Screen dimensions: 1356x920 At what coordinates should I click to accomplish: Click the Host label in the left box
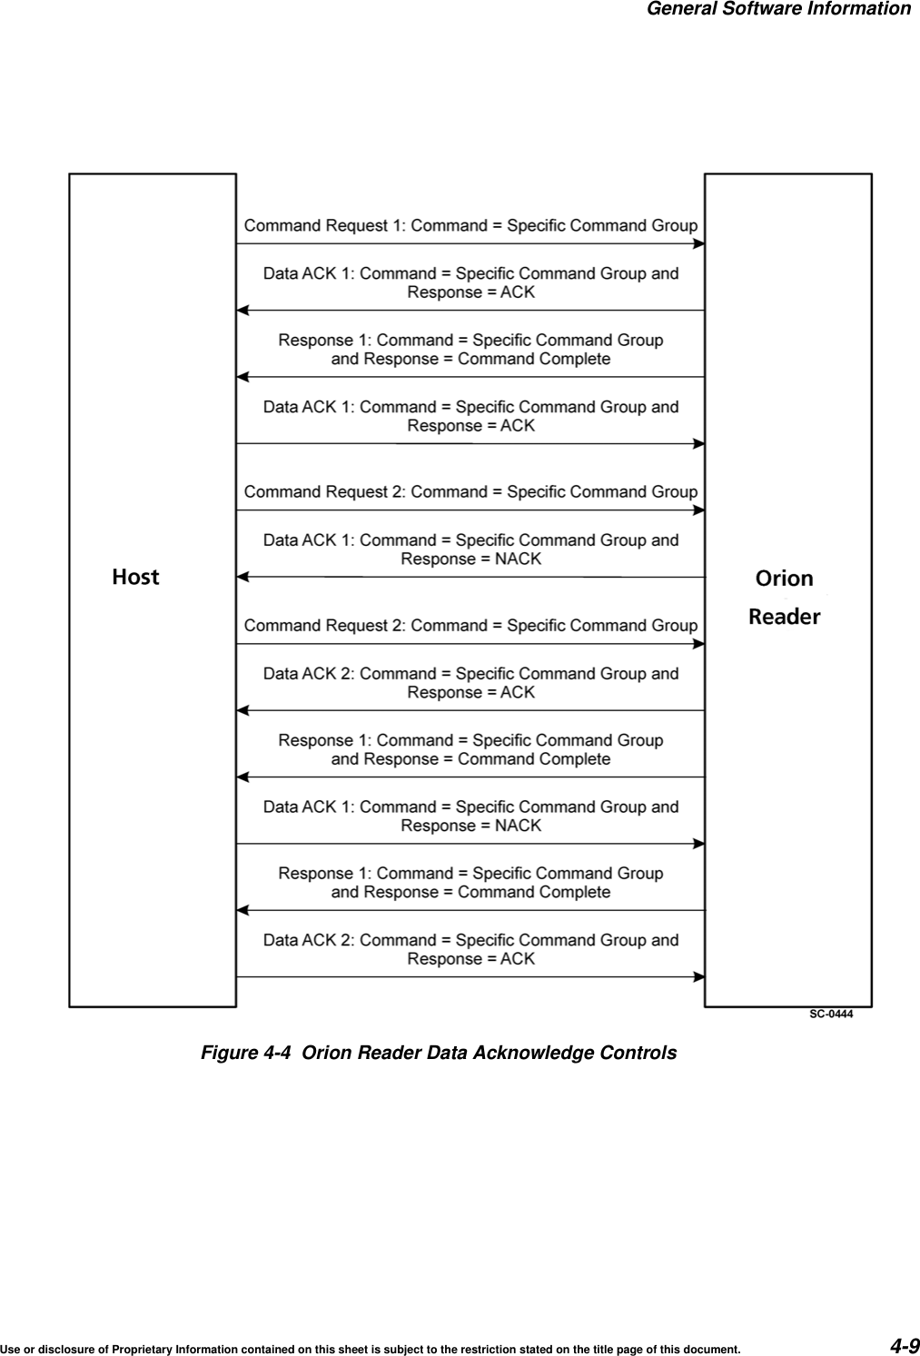(x=135, y=577)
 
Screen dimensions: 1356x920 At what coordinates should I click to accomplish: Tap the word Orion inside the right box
(x=785, y=579)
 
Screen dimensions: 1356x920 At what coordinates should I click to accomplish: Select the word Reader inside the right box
(x=784, y=617)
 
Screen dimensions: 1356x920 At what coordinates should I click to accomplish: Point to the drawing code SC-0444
(x=831, y=1014)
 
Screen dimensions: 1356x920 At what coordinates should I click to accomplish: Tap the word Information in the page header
(x=857, y=9)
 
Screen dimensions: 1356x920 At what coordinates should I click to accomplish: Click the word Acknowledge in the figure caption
(x=532, y=1053)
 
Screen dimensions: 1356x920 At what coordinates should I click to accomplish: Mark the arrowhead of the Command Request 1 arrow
(x=699, y=243)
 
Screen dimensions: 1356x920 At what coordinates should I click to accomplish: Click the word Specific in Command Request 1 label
(x=537, y=225)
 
